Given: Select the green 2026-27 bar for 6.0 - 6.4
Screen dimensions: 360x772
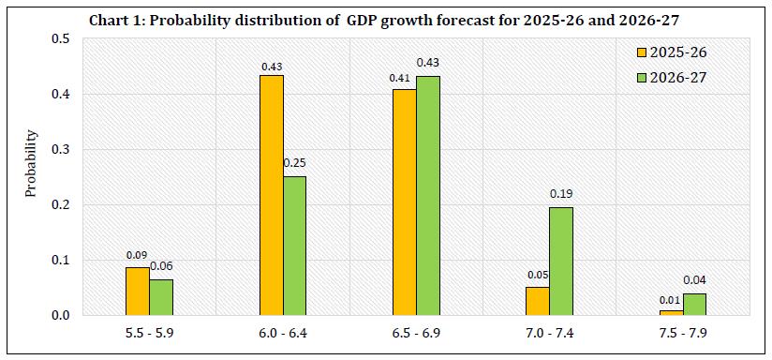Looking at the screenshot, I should (x=294, y=246).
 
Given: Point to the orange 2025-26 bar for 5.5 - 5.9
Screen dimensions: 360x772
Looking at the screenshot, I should (x=139, y=291).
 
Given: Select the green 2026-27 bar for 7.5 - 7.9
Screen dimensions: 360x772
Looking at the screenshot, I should (x=693, y=304).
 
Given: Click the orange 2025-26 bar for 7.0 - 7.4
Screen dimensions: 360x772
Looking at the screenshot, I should (x=538, y=300).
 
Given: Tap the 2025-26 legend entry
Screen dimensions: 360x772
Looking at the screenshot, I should (x=670, y=52).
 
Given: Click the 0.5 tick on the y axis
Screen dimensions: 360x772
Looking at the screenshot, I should (x=61, y=39).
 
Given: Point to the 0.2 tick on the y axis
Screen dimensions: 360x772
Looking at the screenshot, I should (x=61, y=205).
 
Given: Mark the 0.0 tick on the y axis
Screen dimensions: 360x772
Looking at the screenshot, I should (x=61, y=316).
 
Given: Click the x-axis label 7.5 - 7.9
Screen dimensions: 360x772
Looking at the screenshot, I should (x=682, y=334).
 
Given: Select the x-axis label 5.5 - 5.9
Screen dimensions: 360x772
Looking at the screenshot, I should (x=150, y=334).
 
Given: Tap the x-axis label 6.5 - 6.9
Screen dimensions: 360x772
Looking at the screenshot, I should (x=416, y=334).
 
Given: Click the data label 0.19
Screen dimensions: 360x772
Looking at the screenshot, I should (x=561, y=194).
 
